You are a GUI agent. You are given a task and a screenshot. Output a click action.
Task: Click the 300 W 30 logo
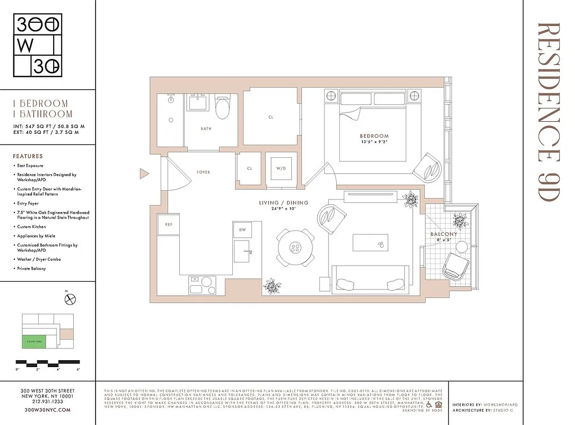coord(37,46)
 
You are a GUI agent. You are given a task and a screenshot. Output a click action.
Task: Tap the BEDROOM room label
coord(374,136)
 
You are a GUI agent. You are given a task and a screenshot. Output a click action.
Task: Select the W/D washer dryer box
coord(281,169)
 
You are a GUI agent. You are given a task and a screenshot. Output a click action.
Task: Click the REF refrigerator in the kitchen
coord(169,225)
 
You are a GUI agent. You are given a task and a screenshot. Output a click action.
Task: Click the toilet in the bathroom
coord(222,108)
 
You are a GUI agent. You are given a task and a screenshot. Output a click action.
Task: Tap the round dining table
coord(294,248)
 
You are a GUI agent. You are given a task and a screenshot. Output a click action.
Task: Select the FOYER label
coord(203,172)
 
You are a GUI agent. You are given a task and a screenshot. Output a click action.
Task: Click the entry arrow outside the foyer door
coord(143,173)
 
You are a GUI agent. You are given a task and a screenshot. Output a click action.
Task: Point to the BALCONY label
coord(443,234)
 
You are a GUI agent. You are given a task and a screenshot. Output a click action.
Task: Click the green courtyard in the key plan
coord(33,342)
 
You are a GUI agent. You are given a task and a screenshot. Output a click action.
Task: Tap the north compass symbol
coord(69,300)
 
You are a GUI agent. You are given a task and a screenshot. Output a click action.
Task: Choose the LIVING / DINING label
coord(283,203)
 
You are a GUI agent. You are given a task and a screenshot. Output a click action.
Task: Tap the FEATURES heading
coord(28,157)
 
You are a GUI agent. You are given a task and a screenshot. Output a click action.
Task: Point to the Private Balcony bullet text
coord(31,269)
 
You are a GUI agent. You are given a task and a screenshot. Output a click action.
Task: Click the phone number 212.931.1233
coord(47,403)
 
